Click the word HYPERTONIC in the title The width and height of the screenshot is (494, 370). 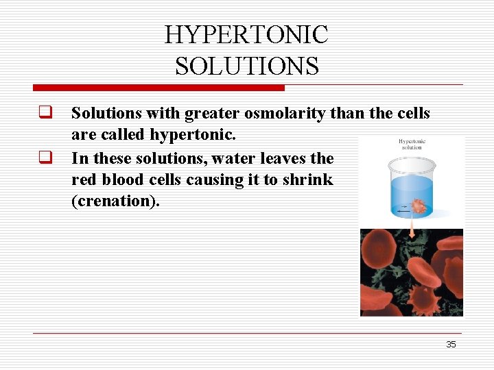click(x=246, y=35)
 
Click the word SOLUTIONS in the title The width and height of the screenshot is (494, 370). click(x=246, y=66)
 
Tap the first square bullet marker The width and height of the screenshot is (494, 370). click(x=46, y=113)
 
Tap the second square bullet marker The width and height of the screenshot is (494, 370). click(x=46, y=158)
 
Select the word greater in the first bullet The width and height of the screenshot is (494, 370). click(x=209, y=113)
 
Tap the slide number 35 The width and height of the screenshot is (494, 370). click(x=451, y=345)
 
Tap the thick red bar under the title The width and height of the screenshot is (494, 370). click(x=158, y=88)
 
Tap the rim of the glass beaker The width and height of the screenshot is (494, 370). click(x=411, y=163)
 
